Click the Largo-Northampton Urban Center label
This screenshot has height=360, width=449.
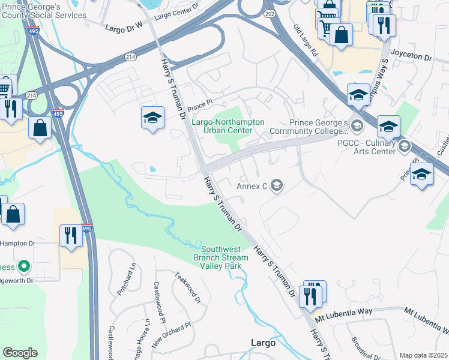tap(228, 126)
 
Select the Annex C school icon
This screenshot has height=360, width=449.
tap(276, 185)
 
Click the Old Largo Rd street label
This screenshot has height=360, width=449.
tap(305, 41)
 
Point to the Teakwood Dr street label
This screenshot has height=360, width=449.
tap(186, 288)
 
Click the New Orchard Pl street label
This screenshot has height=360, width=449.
tap(171, 333)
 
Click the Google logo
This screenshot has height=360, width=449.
tap(20, 353)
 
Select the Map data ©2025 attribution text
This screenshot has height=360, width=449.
tap(423, 355)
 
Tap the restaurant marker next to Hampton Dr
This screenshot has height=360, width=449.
tap(71, 236)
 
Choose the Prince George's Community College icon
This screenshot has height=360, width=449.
tap(357, 125)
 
